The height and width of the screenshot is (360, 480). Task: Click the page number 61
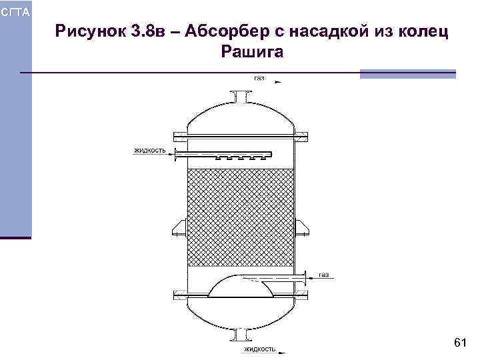(x=459, y=343)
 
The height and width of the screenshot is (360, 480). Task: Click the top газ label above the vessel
(x=259, y=78)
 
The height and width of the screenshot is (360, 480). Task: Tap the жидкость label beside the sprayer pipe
(x=149, y=150)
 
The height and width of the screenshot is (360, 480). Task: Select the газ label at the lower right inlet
(x=323, y=274)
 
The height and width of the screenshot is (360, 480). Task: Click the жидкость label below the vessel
(x=259, y=349)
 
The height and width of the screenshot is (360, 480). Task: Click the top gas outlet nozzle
(x=241, y=97)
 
